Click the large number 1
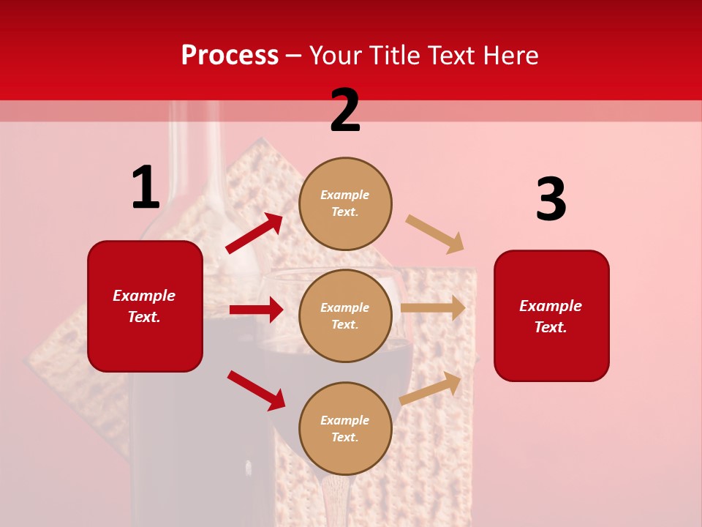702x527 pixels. pos(146,187)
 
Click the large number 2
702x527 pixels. pos(345,111)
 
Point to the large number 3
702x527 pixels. pos(551,200)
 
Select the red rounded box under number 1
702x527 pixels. pos(145,306)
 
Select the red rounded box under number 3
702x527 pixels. pos(551,316)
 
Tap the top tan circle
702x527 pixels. pos(345,203)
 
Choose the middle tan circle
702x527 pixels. pos(345,315)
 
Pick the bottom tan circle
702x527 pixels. pos(345,428)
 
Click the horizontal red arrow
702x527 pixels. pos(256,310)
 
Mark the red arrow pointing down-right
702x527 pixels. pos(256,390)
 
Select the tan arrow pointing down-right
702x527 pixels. pos(435,234)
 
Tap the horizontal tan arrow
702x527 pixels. pos(433,307)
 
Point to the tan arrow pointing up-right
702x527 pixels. pos(431,388)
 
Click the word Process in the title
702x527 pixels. pos(230,55)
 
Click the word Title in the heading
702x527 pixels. pos(393,55)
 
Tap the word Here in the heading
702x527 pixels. pos(509,55)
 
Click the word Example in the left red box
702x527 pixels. pos(144,296)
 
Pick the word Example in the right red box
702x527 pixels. pos(551,306)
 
